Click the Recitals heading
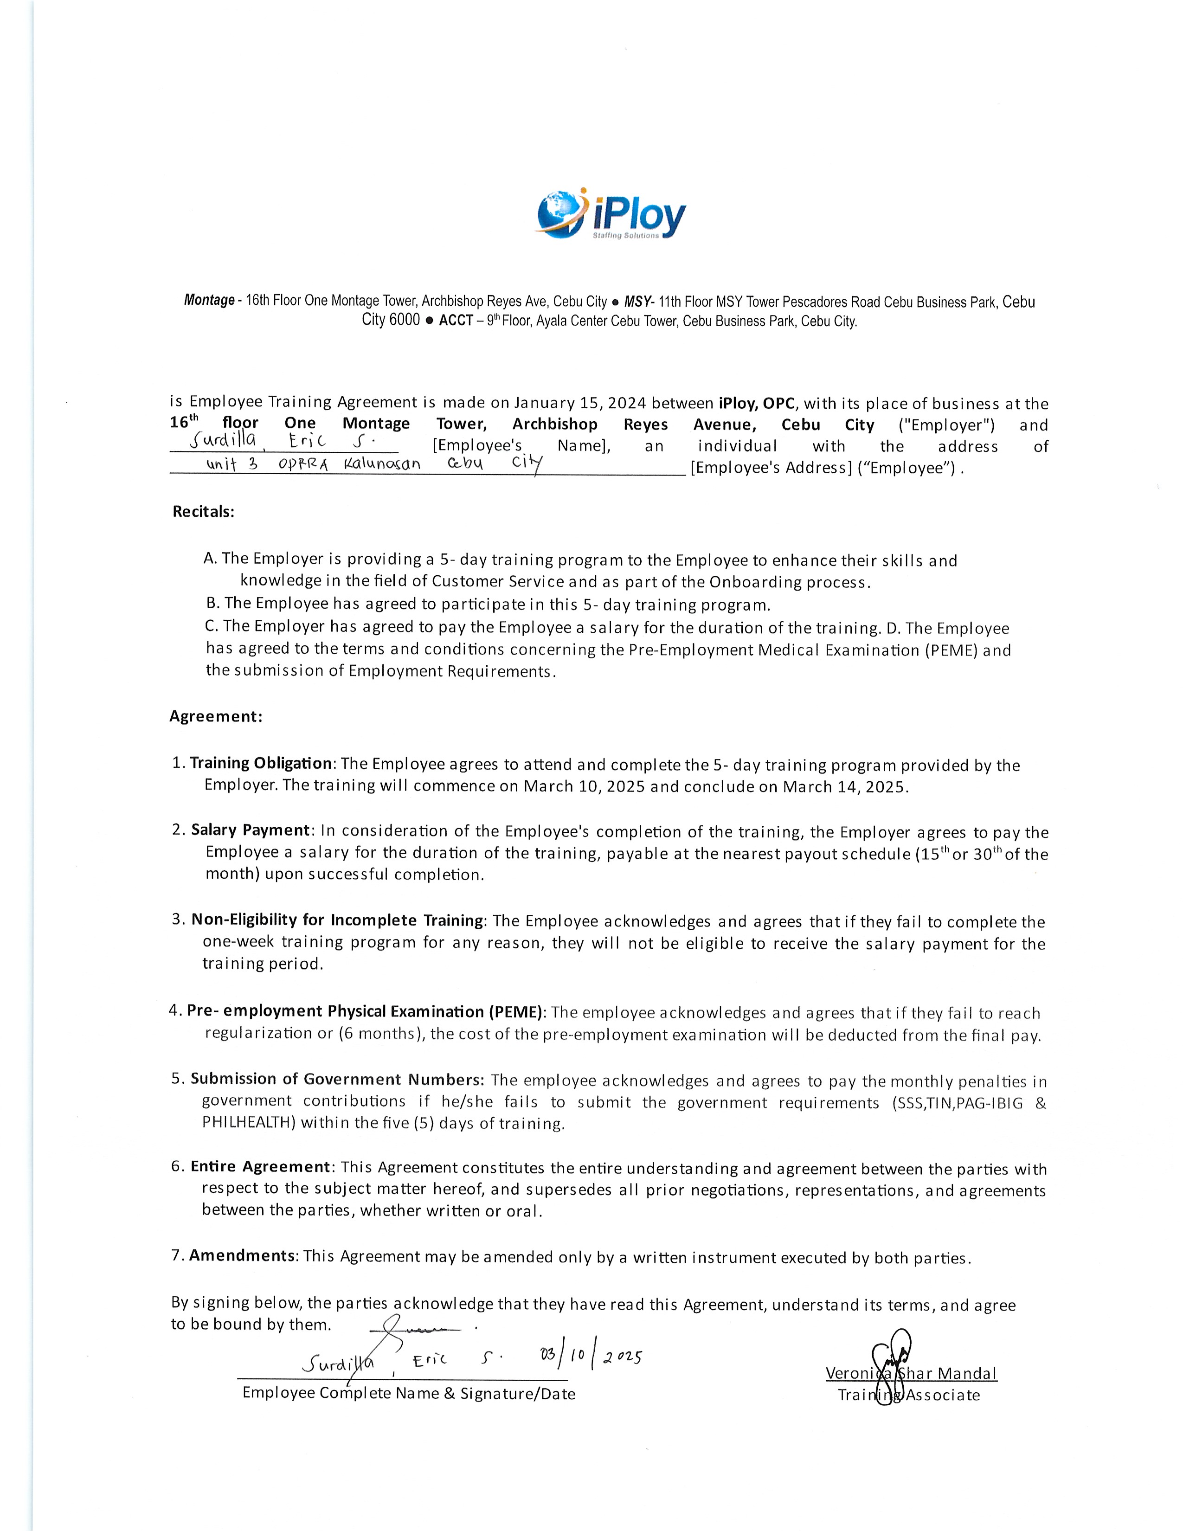(x=203, y=512)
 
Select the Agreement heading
(x=216, y=716)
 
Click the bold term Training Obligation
(x=261, y=763)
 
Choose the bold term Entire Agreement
(x=260, y=1166)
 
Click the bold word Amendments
(x=242, y=1255)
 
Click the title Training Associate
(x=908, y=1395)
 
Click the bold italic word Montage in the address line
(x=209, y=301)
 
